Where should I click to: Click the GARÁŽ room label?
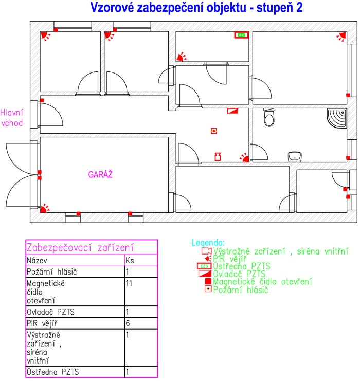[x=100, y=174]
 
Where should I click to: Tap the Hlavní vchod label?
[x=12, y=118]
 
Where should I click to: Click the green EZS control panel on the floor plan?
[x=241, y=35]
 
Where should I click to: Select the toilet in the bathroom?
[x=269, y=118]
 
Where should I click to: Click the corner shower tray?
[x=337, y=118]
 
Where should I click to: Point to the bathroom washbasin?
[x=295, y=157]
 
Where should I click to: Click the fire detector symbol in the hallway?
[x=214, y=131]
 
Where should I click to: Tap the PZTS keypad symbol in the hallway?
[x=232, y=111]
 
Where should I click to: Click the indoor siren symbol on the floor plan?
[x=218, y=157]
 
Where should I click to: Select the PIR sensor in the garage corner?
[x=44, y=208]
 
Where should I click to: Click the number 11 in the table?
[x=129, y=283]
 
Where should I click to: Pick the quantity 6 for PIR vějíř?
[x=128, y=323]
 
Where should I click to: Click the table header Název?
[x=37, y=261]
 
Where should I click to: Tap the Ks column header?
[x=130, y=261]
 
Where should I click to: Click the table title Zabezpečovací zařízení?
[x=80, y=248]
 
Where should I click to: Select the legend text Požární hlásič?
[x=241, y=289]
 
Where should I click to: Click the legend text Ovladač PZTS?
[x=239, y=274]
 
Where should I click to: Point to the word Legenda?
[x=208, y=243]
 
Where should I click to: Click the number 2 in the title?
[x=299, y=7]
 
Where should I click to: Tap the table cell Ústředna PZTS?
[x=53, y=372]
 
